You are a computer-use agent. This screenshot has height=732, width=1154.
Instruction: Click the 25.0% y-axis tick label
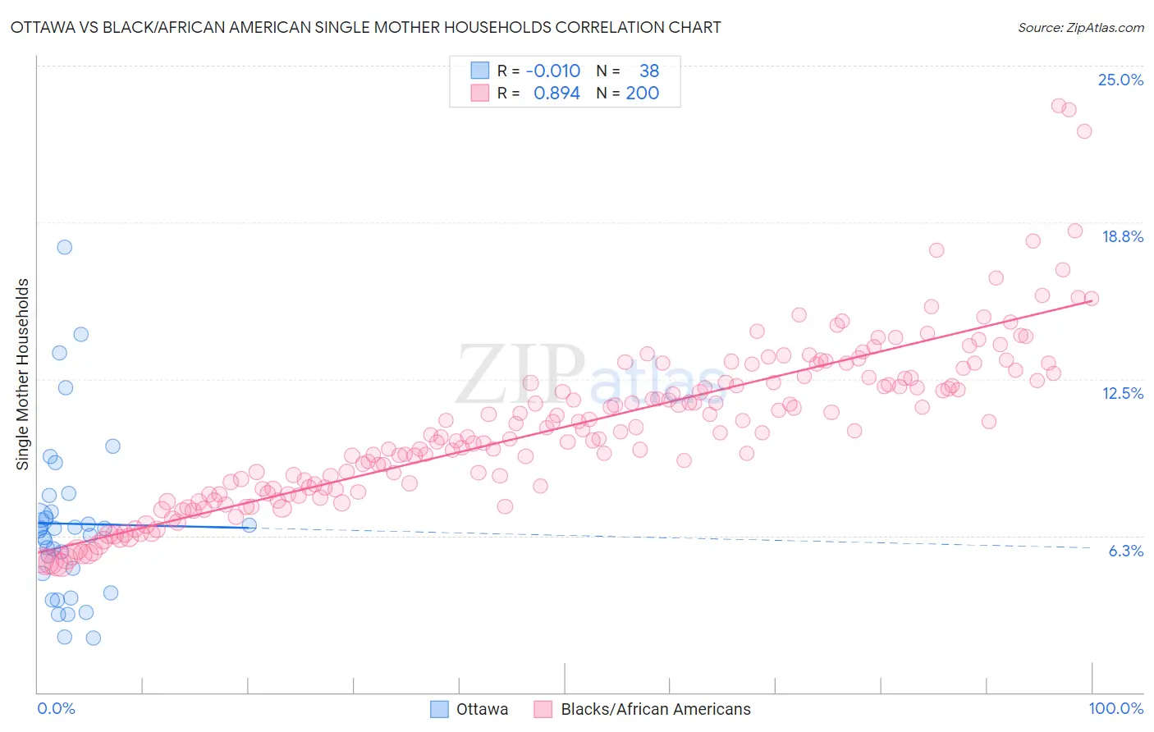tap(1120, 80)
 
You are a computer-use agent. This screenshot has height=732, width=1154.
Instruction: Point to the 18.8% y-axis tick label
tap(1122, 236)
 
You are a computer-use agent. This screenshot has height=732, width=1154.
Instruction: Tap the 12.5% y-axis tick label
tap(1122, 393)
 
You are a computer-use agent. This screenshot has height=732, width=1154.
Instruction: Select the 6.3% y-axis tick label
tap(1125, 551)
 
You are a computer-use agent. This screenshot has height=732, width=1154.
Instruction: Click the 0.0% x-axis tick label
tap(56, 708)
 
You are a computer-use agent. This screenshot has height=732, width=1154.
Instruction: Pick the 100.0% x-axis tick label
tap(1115, 708)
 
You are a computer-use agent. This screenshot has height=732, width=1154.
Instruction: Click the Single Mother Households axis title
tap(23, 374)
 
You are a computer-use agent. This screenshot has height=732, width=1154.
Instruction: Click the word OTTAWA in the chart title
tap(45, 27)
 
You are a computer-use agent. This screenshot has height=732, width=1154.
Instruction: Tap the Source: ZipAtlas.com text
tap(1080, 27)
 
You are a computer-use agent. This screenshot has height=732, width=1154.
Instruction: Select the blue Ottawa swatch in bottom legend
tap(440, 709)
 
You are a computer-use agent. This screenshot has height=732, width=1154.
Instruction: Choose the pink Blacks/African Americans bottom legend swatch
tap(543, 709)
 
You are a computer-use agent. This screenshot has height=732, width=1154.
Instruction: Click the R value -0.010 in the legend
tap(552, 71)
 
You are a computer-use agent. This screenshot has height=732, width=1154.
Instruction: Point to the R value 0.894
tap(556, 93)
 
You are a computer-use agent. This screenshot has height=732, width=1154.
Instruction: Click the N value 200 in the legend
tap(642, 93)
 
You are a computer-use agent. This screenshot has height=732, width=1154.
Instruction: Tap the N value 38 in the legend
tap(648, 71)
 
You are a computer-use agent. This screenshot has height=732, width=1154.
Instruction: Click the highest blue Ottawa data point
tap(64, 247)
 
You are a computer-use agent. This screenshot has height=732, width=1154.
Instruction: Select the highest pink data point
tap(1059, 106)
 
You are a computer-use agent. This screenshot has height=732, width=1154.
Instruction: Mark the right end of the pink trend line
tap(1091, 301)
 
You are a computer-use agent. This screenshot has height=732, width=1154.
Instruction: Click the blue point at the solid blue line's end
tap(250, 525)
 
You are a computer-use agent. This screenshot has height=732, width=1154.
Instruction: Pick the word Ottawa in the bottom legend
tap(482, 709)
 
